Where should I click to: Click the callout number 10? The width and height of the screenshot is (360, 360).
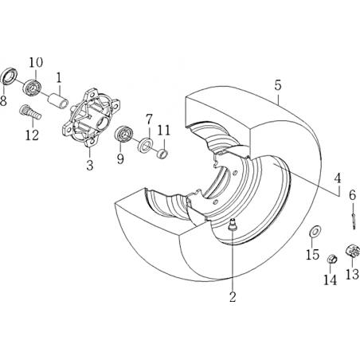(36, 63)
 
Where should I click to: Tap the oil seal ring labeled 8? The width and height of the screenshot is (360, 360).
(10, 76)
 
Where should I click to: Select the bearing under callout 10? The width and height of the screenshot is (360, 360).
(31, 86)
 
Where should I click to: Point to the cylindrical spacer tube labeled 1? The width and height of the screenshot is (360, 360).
(57, 101)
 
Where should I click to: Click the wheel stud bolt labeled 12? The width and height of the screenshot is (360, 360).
(30, 112)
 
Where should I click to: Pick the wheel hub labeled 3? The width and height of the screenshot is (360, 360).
(90, 118)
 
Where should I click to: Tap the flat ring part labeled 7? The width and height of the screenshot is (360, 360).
(146, 144)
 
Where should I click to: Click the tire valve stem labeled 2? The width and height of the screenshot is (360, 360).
(233, 225)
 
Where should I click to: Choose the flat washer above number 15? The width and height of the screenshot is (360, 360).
(315, 231)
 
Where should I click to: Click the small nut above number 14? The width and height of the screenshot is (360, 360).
(332, 259)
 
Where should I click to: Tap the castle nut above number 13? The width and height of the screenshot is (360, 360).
(353, 251)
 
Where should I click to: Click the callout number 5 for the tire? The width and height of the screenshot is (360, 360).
(278, 85)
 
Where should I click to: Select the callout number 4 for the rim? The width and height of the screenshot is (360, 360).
(337, 178)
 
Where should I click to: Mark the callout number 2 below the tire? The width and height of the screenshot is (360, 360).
(233, 296)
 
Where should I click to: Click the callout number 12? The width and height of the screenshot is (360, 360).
(32, 135)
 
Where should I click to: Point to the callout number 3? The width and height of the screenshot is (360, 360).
(90, 165)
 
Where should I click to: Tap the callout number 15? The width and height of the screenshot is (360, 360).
(312, 255)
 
